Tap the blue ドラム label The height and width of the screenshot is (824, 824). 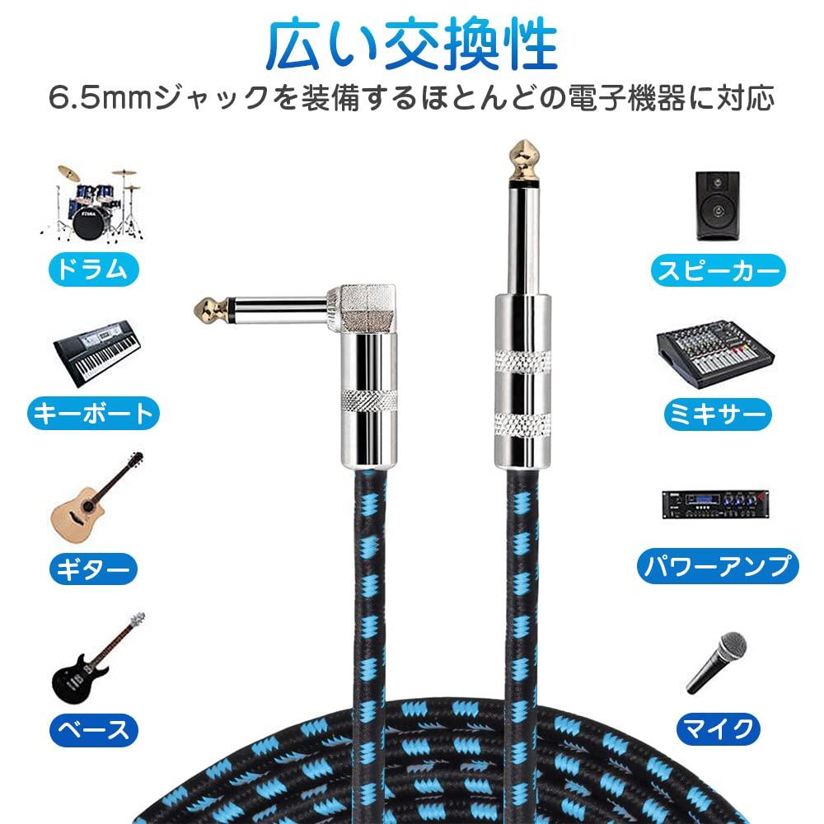coord(92,269)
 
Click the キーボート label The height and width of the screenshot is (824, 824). coord(92,413)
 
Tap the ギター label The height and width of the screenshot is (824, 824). coord(92,568)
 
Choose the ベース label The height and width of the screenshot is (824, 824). coord(92,729)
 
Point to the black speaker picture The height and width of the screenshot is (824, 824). coord(717,205)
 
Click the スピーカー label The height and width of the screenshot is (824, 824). coord(717,269)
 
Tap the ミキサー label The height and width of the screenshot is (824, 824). coord(717,413)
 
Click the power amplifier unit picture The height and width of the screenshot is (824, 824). coord(715,503)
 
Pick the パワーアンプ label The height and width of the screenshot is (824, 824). coord(718,565)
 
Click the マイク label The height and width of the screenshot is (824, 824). coord(717,728)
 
